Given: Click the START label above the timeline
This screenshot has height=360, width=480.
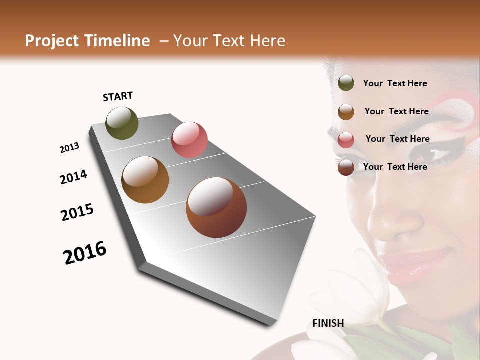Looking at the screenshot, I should point(118,96).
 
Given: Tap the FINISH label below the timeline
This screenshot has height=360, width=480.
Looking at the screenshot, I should point(328,323).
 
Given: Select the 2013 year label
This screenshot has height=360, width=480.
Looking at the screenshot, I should point(69,148).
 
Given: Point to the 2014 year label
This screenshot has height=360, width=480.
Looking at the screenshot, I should point(73,177).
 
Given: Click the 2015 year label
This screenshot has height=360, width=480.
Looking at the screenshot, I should point(77,212).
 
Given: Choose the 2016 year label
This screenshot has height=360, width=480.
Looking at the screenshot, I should point(85,253).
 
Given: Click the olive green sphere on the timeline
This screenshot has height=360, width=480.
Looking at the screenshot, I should point(122,123).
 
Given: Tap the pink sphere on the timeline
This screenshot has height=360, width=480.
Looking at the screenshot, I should point(189,139).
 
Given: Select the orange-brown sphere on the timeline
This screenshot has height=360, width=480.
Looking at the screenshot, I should point(145,180).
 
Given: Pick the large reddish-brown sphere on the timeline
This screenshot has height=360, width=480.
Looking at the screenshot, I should point(216,207).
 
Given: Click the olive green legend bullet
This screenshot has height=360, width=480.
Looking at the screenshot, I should point(346,83).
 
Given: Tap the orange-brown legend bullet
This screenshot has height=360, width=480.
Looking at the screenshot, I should point(346,112).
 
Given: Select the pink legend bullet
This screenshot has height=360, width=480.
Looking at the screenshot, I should point(346,140).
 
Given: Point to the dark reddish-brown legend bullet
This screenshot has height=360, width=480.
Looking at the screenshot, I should point(346,167).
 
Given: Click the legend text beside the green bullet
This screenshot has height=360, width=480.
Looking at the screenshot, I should point(395,83).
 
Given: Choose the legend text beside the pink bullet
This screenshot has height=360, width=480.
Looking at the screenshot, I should point(397,139).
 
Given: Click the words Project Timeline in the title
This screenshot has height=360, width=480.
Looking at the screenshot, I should point(87,41).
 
